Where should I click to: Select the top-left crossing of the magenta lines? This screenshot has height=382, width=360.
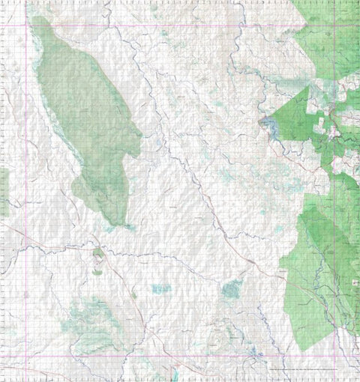(x=28, y=26)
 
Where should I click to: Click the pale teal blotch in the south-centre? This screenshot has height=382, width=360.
(x=232, y=288)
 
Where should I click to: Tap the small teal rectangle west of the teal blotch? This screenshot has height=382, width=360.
(x=160, y=288)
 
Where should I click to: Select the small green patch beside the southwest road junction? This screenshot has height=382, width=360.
(x=98, y=255)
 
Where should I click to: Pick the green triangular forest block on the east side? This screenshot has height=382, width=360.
(x=292, y=120)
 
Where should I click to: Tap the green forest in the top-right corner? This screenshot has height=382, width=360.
(x=330, y=37)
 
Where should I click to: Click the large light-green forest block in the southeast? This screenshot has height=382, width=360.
(x=315, y=270)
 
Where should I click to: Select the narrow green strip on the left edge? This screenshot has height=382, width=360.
(x=3, y=191)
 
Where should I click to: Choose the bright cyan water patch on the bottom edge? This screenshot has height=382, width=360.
(x=175, y=375)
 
